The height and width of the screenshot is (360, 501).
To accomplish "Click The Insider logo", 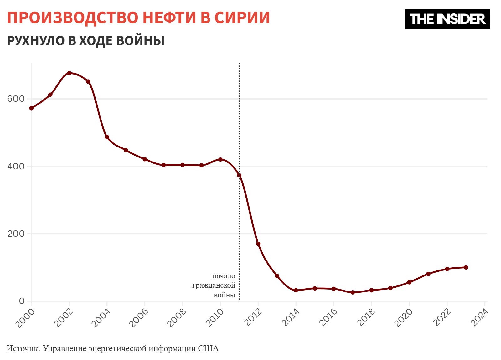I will (447, 19).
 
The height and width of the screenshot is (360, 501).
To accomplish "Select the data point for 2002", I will (69, 73).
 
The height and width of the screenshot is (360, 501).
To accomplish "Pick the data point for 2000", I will (31, 108).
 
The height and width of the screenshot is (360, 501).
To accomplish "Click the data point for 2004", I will (107, 137).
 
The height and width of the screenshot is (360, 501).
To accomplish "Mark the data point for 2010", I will (220, 159).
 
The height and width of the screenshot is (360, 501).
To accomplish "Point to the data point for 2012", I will (258, 244).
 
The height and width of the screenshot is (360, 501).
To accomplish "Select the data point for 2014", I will (296, 290).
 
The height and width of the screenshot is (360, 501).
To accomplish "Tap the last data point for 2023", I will (466, 267).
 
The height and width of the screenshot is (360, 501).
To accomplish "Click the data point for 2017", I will (353, 292).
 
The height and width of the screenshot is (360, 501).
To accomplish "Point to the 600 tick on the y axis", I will (16, 99).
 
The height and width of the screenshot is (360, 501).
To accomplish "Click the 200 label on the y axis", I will (16, 234).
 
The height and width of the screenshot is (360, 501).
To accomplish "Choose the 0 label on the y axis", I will (22, 301).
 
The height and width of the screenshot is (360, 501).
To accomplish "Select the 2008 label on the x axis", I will (177, 317).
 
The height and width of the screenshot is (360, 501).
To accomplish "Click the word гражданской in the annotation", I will (214, 285).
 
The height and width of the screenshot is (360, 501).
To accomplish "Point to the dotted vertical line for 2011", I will (239, 125).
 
